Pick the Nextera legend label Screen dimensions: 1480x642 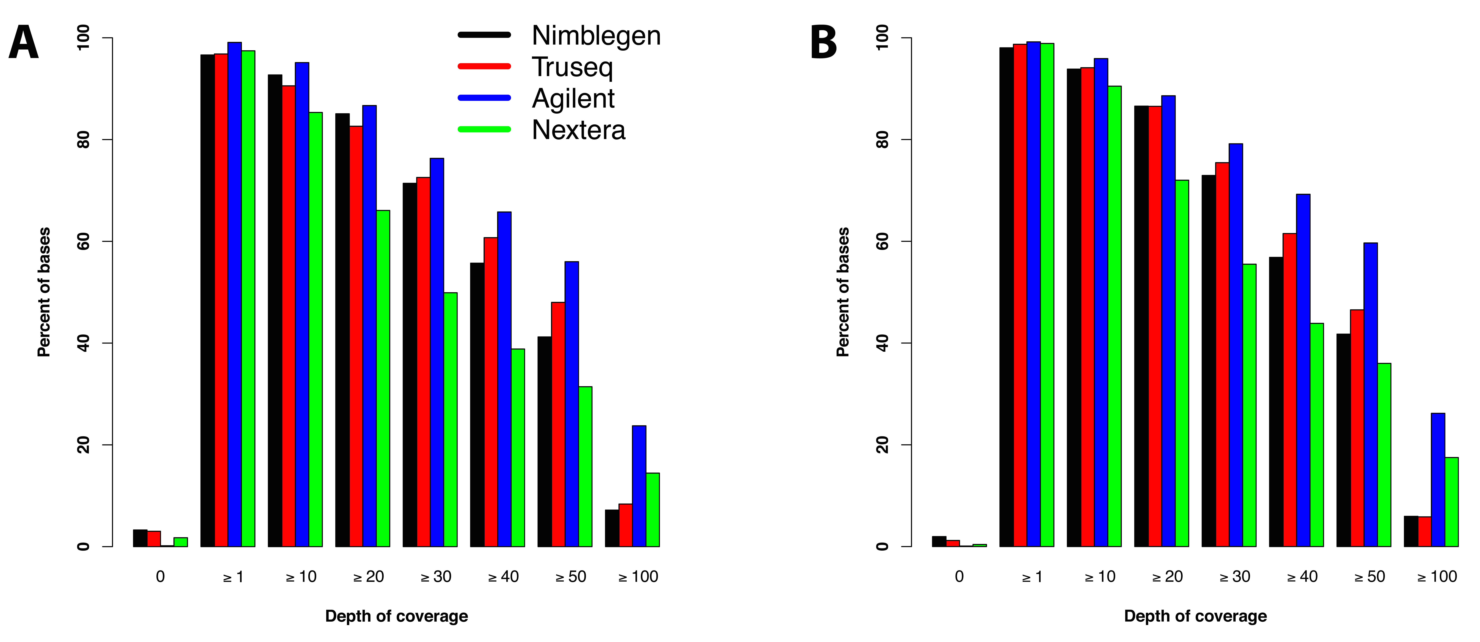(579, 130)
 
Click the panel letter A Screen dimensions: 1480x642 (23, 43)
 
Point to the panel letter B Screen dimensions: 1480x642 (823, 43)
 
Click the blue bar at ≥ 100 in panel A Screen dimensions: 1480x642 (639, 486)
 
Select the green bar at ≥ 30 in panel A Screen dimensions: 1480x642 (450, 420)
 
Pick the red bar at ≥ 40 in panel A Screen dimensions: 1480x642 (491, 392)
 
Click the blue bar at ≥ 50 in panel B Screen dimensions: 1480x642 (1370, 395)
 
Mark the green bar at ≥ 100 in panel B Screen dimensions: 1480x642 (1451, 502)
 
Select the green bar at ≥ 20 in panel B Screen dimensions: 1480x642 (1182, 363)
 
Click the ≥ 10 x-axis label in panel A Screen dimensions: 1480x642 (301, 576)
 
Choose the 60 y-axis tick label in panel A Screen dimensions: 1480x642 (83, 241)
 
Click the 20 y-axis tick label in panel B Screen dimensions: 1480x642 (882, 445)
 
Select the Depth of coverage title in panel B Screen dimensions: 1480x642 (1195, 616)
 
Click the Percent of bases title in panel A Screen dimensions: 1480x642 (44, 292)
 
